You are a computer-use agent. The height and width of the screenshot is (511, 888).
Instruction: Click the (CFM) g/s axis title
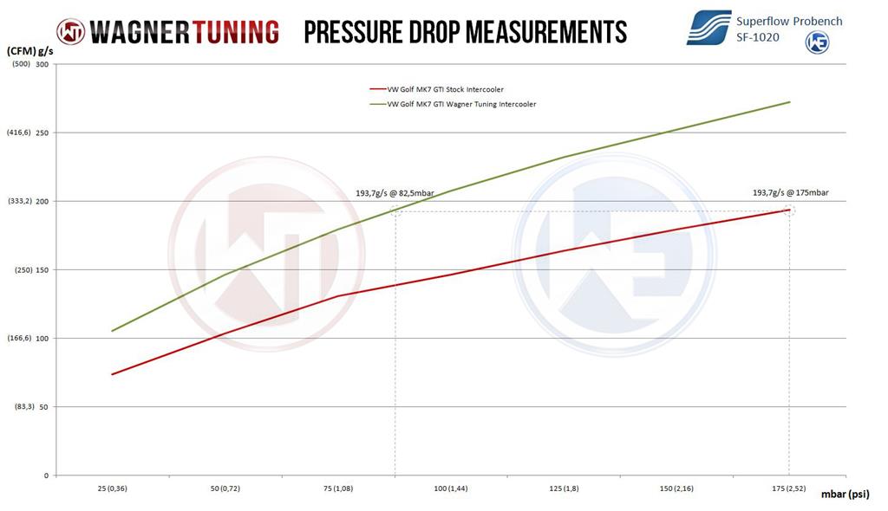pos(30,51)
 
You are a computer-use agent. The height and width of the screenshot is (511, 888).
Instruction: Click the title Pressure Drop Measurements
pos(465,32)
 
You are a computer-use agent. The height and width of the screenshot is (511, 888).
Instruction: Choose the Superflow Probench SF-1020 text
pos(788,29)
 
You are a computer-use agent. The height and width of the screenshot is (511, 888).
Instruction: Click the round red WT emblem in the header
pos(70,32)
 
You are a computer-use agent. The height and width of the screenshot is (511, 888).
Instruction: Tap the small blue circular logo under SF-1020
pos(817,42)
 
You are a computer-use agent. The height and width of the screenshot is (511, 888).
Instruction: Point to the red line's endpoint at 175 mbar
pos(789,210)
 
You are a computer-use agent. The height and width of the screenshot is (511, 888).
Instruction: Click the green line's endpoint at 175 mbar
pos(789,102)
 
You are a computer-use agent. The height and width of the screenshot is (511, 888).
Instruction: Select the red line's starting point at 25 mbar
pos(112,374)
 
